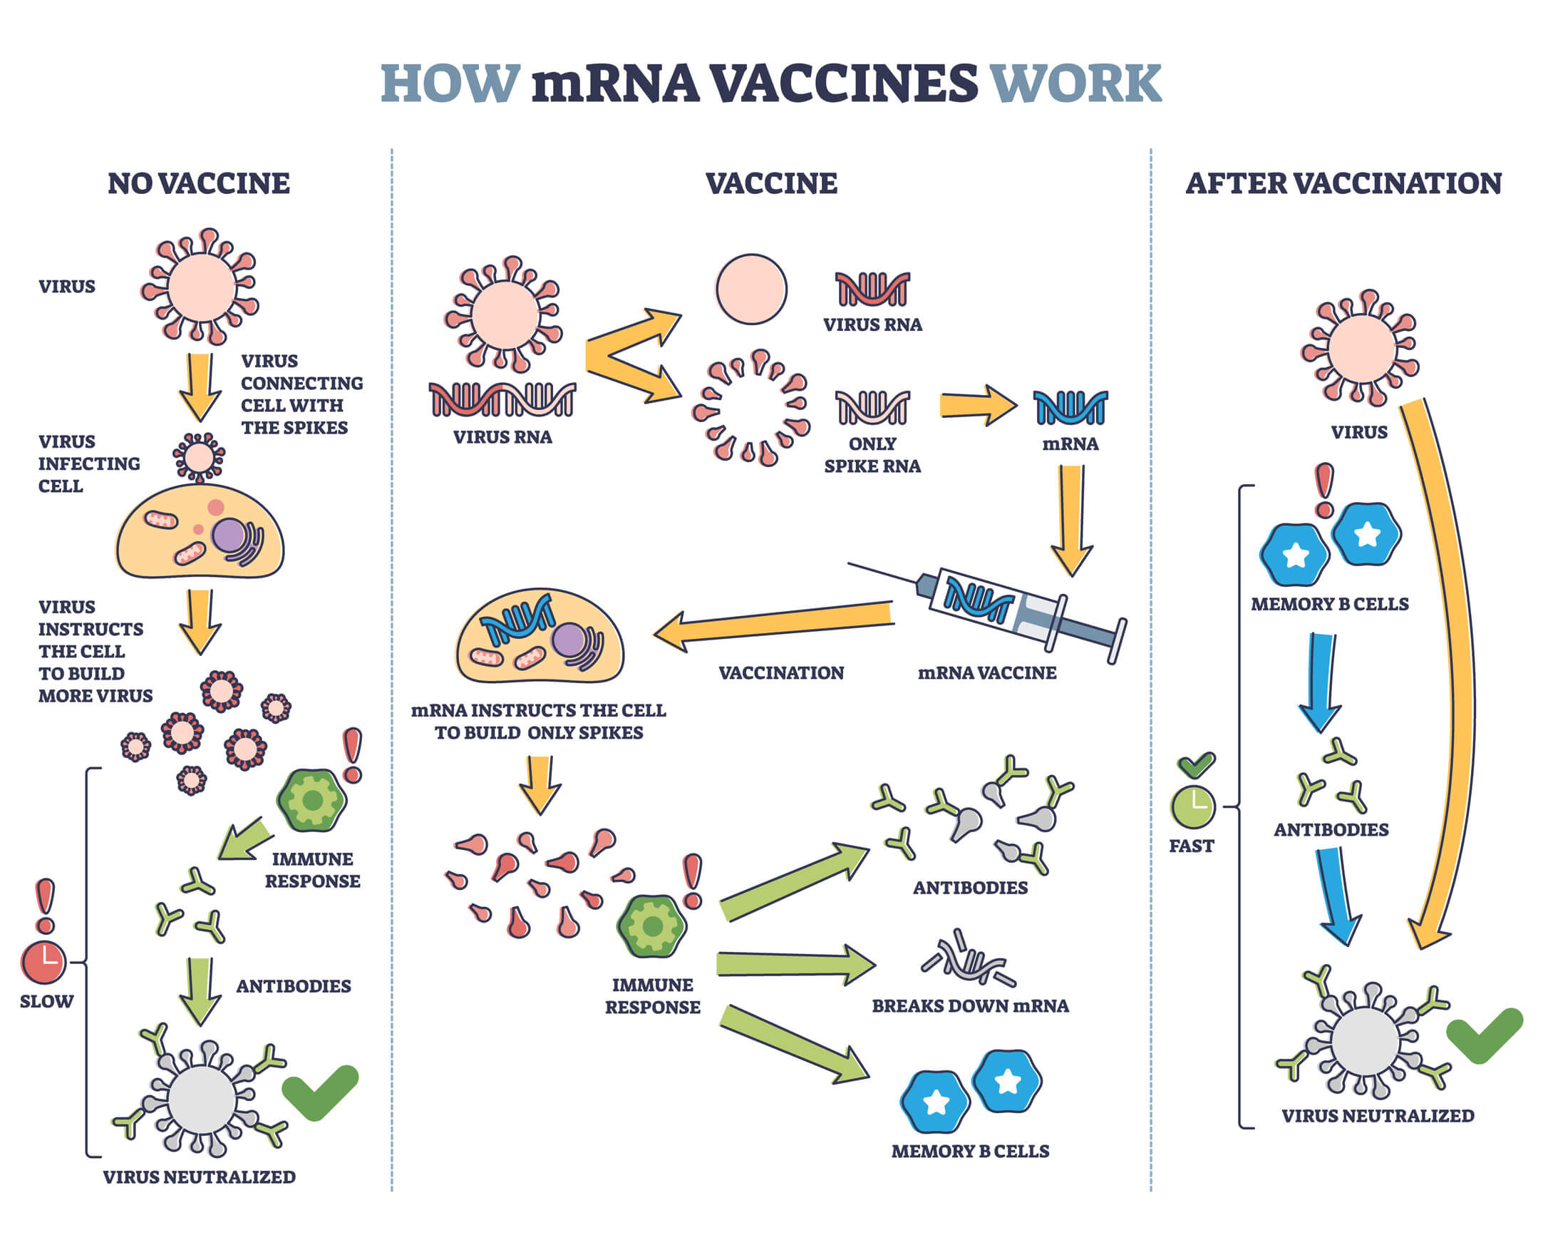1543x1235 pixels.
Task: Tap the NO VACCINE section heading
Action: [198, 183]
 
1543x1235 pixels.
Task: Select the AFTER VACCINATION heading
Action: [1343, 183]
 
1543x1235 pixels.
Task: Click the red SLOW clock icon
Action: [43, 962]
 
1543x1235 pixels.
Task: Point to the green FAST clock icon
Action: [1192, 806]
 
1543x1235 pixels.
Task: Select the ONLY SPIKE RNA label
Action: [872, 455]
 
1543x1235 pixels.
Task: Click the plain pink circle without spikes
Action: [750, 289]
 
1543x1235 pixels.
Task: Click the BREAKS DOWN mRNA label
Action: [970, 1006]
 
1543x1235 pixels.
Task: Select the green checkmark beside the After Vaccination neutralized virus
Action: [1484, 1034]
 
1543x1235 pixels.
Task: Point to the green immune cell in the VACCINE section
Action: [651, 926]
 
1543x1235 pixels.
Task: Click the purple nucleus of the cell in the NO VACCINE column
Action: [228, 535]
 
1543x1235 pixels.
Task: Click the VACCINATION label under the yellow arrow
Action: [781, 673]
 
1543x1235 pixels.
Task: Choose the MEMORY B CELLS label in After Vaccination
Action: [1329, 604]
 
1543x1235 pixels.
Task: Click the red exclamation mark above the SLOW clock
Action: [45, 905]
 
